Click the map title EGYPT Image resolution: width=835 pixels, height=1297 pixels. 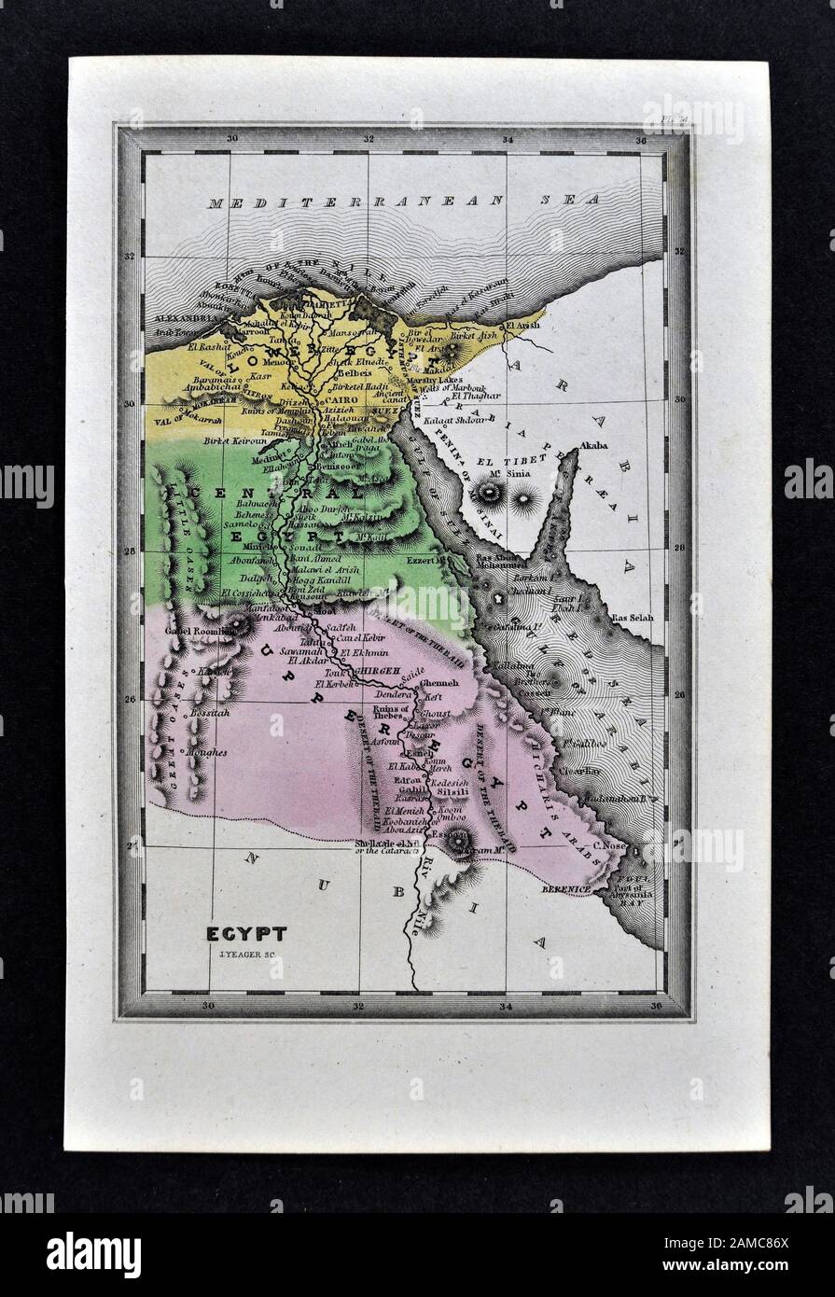(x=246, y=932)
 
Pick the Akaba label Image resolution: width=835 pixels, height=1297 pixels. (x=593, y=446)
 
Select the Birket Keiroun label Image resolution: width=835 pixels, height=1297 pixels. (x=230, y=437)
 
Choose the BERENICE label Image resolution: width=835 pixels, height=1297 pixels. (x=567, y=890)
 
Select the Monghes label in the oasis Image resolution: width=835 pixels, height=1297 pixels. (x=206, y=751)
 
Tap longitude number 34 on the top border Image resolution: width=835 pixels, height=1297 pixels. (x=507, y=140)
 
